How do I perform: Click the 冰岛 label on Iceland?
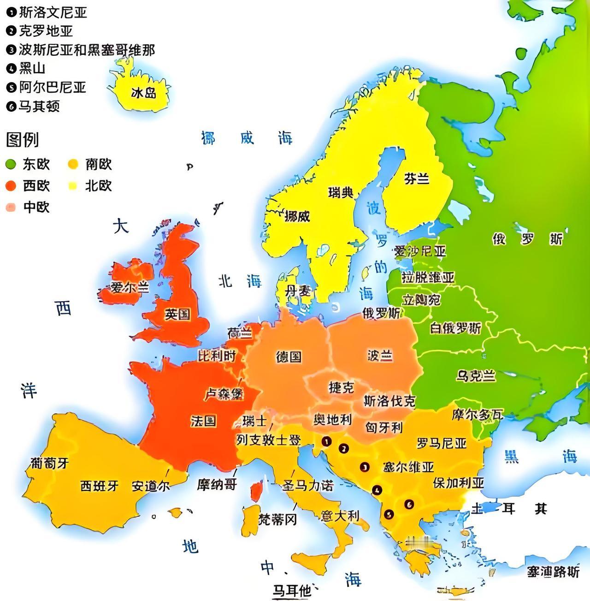pyautogui.click(x=143, y=93)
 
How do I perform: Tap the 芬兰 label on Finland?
pyautogui.click(x=417, y=179)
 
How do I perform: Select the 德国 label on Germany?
pyautogui.click(x=289, y=357)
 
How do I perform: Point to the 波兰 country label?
pyautogui.click(x=380, y=355)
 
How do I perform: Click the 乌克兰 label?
pyautogui.click(x=476, y=376)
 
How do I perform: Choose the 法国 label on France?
pyautogui.click(x=203, y=421)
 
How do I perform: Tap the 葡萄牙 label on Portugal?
pyautogui.click(x=50, y=463)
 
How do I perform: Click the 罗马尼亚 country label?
pyautogui.click(x=442, y=443)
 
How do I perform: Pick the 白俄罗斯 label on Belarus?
pyautogui.click(x=455, y=328)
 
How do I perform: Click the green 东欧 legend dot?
pyautogui.click(x=11, y=164)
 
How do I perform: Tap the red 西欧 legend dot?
pyautogui.click(x=11, y=186)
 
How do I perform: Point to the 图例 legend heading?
pyautogui.click(x=22, y=139)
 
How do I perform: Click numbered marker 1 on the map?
pyautogui.click(x=327, y=441)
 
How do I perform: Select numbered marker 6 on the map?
pyautogui.click(x=408, y=504)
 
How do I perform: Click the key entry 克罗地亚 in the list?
pyautogui.click(x=45, y=31)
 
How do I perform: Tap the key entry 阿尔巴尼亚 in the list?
pyautogui.click(x=52, y=87)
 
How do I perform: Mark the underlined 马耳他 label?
pyautogui.click(x=291, y=590)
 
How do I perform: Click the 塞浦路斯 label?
pyautogui.click(x=553, y=572)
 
